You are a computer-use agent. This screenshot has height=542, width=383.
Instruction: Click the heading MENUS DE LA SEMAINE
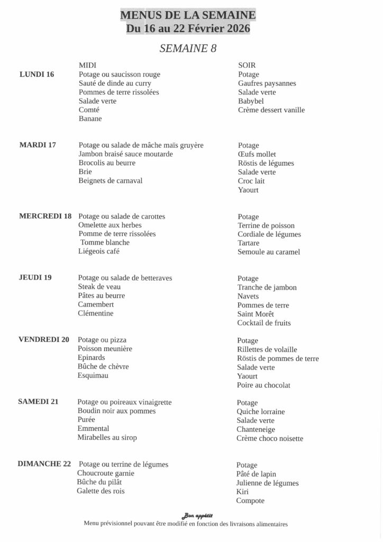(188, 15)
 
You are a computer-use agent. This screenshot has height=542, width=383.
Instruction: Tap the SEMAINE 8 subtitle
(188, 48)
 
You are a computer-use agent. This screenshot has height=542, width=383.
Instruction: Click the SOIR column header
(247, 65)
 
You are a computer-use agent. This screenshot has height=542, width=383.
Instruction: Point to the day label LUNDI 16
(37, 74)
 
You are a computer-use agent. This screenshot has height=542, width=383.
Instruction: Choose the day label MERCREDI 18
(45, 216)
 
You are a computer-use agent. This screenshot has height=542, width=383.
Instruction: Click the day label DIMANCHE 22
(44, 464)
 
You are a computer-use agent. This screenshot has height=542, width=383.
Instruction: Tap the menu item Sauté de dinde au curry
(115, 83)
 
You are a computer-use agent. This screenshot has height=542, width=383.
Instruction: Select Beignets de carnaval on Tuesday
(110, 180)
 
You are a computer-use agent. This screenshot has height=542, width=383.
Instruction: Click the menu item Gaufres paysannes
(267, 83)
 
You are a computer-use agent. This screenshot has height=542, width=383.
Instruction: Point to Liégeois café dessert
(99, 251)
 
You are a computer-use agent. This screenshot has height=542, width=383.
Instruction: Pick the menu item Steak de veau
(99, 286)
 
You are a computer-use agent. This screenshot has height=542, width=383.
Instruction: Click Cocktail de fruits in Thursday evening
(264, 322)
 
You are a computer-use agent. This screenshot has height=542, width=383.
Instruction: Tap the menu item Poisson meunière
(105, 349)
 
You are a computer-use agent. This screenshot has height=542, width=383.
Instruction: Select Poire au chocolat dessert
(263, 385)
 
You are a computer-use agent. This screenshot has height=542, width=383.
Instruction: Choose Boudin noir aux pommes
(116, 411)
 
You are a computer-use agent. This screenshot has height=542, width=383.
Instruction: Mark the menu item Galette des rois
(101, 491)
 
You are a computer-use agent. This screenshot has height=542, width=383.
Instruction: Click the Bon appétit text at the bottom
(197, 516)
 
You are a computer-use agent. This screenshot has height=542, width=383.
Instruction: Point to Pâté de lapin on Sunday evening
(256, 474)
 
